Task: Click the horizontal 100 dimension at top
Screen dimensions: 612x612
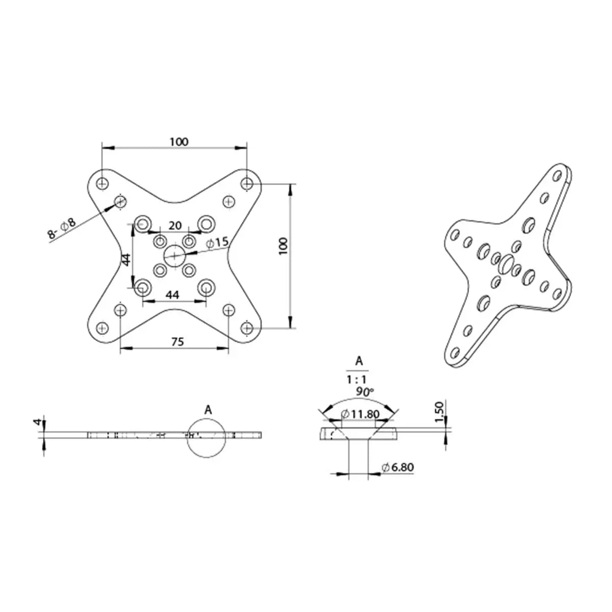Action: [x=179, y=142]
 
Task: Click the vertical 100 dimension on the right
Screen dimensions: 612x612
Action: [x=284, y=246]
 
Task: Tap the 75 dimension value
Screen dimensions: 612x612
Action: [x=177, y=342]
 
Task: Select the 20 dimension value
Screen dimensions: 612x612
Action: [x=175, y=225]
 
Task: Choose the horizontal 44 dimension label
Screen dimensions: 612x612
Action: [x=173, y=295]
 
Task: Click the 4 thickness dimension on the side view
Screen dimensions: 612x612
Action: [x=37, y=422]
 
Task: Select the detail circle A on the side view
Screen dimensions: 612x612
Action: [x=207, y=438]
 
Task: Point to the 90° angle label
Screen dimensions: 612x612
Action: [x=366, y=392]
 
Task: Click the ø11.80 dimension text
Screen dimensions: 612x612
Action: [x=361, y=414]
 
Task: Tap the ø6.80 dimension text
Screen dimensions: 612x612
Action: [x=398, y=467]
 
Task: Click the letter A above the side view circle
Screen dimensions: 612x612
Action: [x=208, y=410]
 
